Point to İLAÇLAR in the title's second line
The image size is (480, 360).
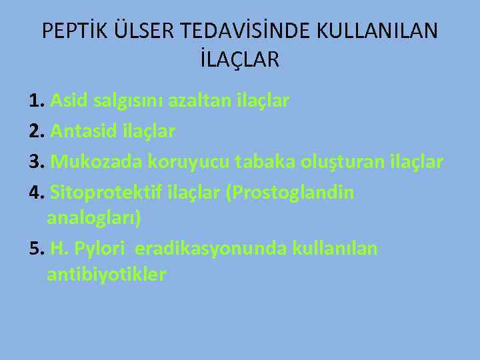(x=239, y=60)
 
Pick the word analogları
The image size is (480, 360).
(x=94, y=219)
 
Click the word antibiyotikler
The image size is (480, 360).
(x=107, y=274)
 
